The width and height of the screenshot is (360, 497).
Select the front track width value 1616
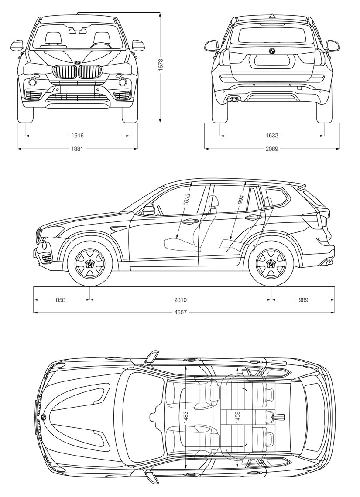click(77, 136)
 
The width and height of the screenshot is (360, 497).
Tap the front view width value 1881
click(77, 148)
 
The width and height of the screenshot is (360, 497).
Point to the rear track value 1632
click(272, 136)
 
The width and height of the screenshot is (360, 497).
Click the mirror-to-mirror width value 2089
click(272, 148)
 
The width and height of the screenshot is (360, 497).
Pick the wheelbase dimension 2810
click(180, 300)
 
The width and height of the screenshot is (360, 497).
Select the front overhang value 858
click(60, 300)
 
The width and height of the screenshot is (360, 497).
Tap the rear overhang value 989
click(303, 300)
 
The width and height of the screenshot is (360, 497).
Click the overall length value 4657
click(180, 313)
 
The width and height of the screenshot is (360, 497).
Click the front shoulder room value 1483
click(186, 418)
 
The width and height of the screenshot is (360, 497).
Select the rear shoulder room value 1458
click(238, 418)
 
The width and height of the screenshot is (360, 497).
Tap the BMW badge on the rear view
click(272, 51)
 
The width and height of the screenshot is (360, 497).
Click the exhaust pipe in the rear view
click(234, 99)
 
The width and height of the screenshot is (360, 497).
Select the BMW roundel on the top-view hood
click(43, 417)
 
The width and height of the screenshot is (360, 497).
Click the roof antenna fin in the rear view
click(272, 15)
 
